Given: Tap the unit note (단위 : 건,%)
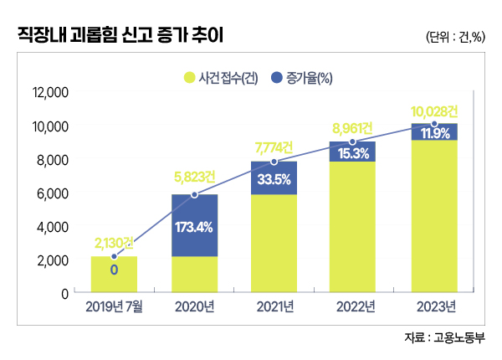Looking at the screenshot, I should [x=456, y=38].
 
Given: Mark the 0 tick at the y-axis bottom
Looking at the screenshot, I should [x=64, y=294].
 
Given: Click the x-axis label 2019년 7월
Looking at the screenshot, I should [x=114, y=307].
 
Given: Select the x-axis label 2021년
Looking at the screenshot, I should [x=274, y=307].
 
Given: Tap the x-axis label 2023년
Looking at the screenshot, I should [x=434, y=307].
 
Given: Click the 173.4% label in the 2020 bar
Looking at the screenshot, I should [x=194, y=226].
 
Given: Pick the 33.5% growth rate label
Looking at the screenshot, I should [x=274, y=178].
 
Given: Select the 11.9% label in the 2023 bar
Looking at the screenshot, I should [x=434, y=134].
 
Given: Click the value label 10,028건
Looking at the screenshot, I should [x=434, y=111].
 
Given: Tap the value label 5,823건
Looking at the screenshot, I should [x=194, y=177].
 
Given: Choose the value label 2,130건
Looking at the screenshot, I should [x=114, y=242].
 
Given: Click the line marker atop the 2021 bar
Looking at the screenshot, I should [x=274, y=162].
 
